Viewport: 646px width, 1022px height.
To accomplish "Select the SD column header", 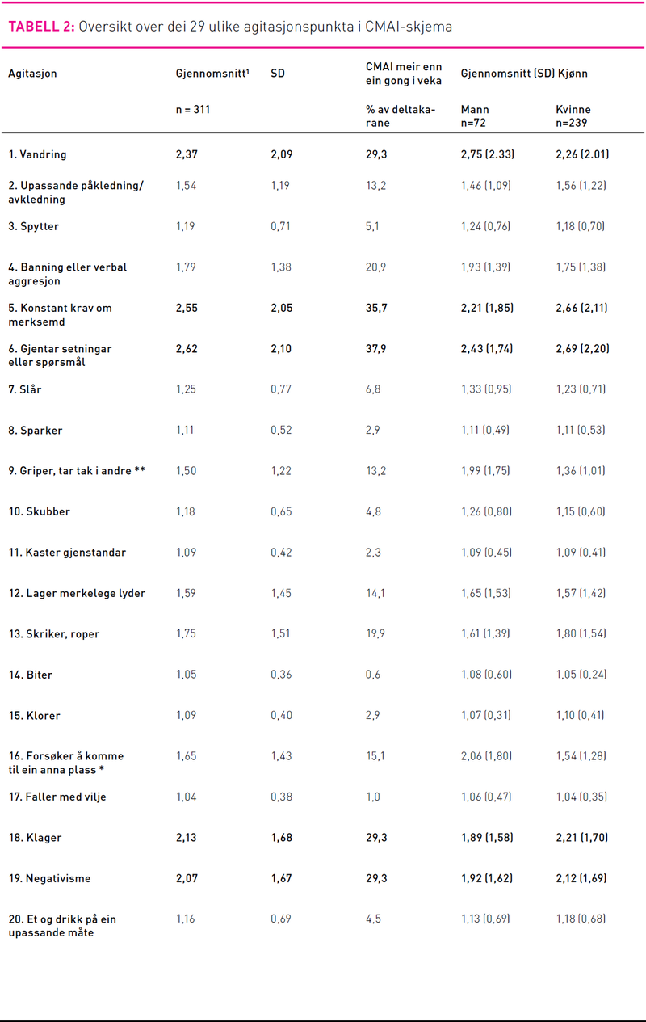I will pos(278,74).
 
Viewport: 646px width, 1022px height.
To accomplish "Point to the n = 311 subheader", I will pos(193,109).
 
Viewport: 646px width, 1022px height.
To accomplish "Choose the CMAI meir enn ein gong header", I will pos(404,74).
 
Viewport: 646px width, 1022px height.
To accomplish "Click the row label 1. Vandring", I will pos(37,154).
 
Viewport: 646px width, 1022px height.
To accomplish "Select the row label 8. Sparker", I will pos(36,431).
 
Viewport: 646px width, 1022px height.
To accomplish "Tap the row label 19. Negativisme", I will pos(50,878).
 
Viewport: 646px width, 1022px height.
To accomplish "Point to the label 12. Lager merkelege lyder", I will pos(77,593).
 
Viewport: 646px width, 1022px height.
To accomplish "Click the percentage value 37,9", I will pos(376,349).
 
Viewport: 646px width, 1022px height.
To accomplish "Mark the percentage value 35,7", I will pos(376,308).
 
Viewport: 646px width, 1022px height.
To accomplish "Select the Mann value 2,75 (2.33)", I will pos(488,154).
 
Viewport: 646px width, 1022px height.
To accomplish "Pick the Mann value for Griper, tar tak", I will pos(485,471).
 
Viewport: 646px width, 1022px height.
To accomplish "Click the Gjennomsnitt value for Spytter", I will pos(186,226).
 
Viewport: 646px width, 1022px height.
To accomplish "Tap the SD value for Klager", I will pos(281,838).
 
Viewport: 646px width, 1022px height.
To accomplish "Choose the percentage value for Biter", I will pos(373,675).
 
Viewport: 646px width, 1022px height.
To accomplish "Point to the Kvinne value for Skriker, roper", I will pos(581,634).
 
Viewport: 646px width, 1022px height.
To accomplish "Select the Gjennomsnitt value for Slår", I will pos(186,389).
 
